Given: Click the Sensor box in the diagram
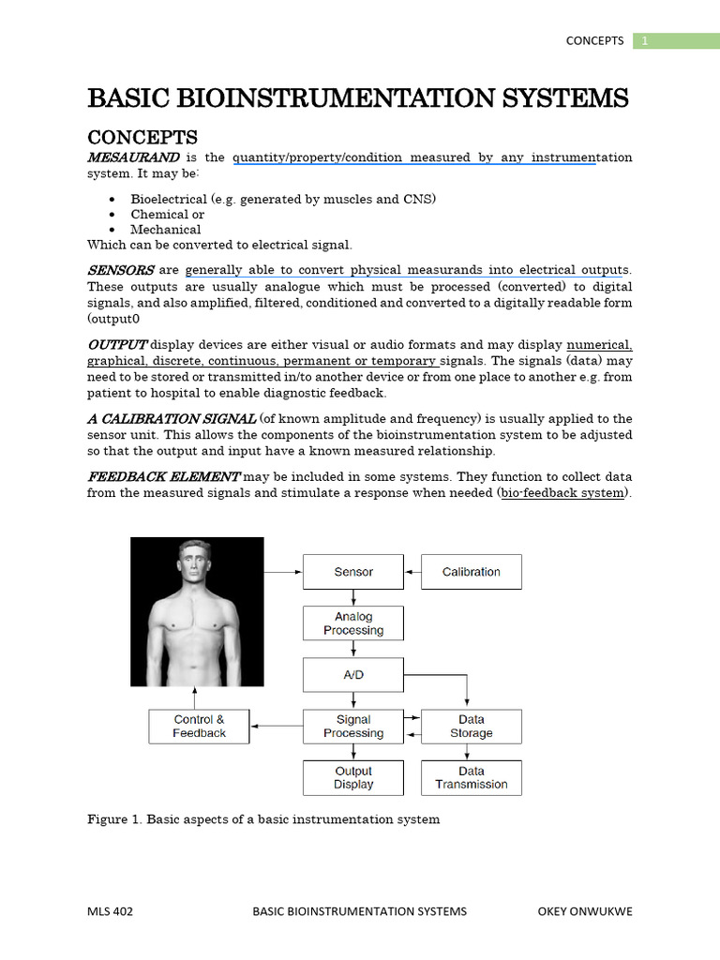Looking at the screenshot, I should (x=353, y=572).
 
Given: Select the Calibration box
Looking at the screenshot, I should (x=471, y=572).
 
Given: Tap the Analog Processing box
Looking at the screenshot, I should (x=353, y=623).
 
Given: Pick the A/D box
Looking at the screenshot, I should (x=353, y=675).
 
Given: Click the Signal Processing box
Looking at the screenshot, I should (x=353, y=727).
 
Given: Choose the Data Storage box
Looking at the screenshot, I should (x=471, y=727).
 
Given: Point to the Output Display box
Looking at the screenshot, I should (x=353, y=777).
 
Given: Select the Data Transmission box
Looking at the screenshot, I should (x=471, y=777).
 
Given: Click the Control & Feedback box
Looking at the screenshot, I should (x=199, y=727).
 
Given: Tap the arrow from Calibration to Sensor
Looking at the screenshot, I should (x=412, y=572).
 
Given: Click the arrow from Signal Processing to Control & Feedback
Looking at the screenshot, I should (x=277, y=727).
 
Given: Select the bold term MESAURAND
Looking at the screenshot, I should (x=133, y=157).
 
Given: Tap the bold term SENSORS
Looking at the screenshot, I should (x=120, y=270).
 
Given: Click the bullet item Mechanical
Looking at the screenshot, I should (x=166, y=230).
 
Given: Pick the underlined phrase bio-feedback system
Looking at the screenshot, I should (x=562, y=493).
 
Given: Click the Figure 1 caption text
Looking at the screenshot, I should (x=263, y=819).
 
